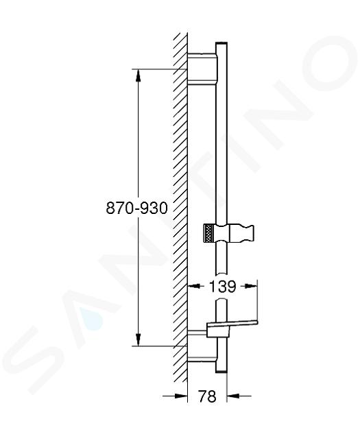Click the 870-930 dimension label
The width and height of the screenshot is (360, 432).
[136, 208]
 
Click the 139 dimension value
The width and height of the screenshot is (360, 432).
[223, 286]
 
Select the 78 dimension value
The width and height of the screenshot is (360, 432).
[207, 396]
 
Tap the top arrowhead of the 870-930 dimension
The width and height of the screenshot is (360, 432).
[139, 75]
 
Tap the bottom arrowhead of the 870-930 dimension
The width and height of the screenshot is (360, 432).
[139, 339]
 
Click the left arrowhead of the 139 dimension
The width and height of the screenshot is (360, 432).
[193, 286]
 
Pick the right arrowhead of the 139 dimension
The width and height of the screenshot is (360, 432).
[251, 286]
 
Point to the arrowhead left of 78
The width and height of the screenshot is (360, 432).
[181, 396]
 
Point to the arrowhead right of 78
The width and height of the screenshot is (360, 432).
[233, 396]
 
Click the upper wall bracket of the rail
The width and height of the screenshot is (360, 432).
[202, 68]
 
